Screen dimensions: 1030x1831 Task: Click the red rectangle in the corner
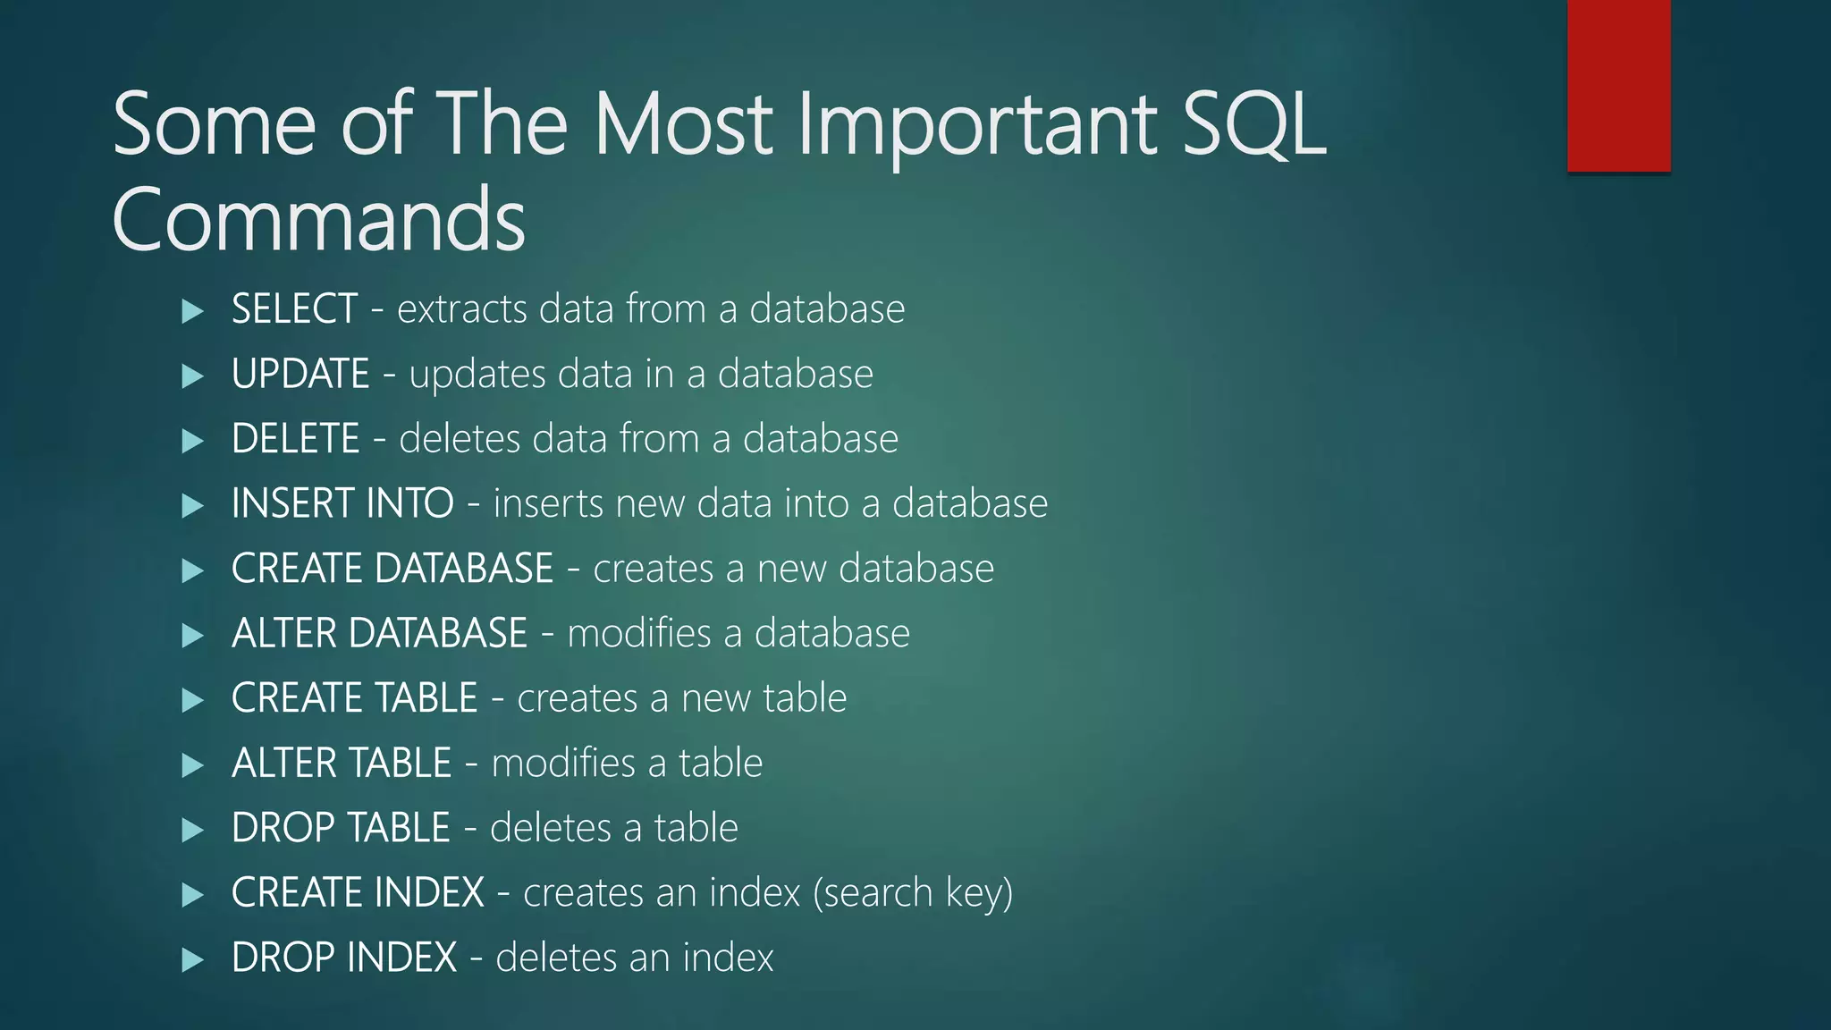[1618, 86]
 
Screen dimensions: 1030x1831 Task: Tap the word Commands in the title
[318, 220]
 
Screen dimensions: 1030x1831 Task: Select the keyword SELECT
[294, 309]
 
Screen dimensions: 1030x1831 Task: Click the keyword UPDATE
[300, 374]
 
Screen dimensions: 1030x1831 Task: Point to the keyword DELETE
[295, 439]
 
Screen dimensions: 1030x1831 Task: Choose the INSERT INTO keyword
[342, 503]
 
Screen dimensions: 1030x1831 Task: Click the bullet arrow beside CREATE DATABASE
[192, 570]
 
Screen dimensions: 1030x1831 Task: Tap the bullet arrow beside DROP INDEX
[192, 960]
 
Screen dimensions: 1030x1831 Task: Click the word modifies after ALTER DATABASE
[639, 633]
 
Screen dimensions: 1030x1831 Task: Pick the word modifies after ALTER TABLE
[563, 764]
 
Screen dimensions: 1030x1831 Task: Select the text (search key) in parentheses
[913, 893]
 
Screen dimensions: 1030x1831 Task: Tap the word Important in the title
[978, 124]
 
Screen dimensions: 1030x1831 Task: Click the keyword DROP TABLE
[340, 828]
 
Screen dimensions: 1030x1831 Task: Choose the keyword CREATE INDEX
[358, 893]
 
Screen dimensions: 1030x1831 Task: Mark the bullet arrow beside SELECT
[192, 311]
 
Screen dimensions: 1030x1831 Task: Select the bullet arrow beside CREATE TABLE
[192, 700]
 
